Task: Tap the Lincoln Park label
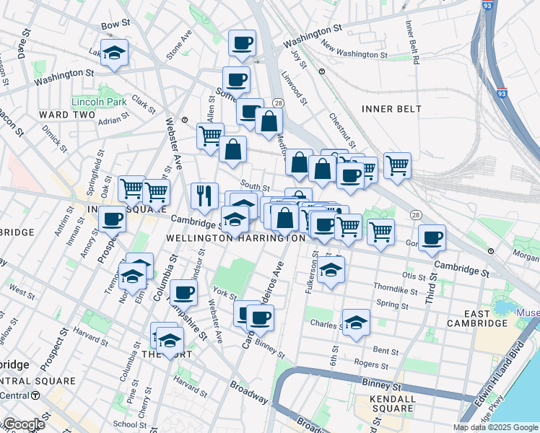99,102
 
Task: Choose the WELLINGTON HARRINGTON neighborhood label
235,237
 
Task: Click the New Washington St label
354,51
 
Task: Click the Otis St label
414,276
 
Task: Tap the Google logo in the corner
23,424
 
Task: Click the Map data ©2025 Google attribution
495,427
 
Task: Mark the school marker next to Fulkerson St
331,271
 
